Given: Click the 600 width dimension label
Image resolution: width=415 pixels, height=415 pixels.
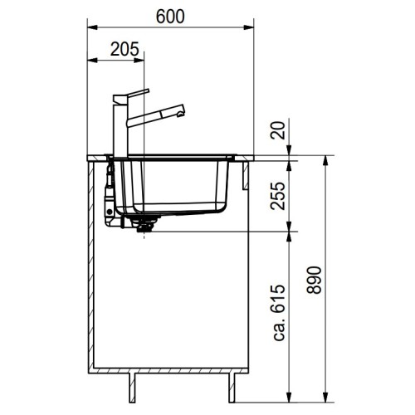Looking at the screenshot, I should click(x=171, y=16).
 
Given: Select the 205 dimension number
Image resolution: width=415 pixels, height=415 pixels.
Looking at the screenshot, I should click(x=123, y=49).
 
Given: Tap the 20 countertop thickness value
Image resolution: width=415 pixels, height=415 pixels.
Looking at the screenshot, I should click(x=277, y=130).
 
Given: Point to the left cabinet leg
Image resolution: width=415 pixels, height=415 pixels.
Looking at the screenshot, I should click(x=131, y=386).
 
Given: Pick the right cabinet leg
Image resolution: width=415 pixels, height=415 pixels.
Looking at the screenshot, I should click(x=232, y=386).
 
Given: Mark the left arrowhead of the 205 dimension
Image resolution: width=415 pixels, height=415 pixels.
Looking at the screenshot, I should click(x=90, y=60).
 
